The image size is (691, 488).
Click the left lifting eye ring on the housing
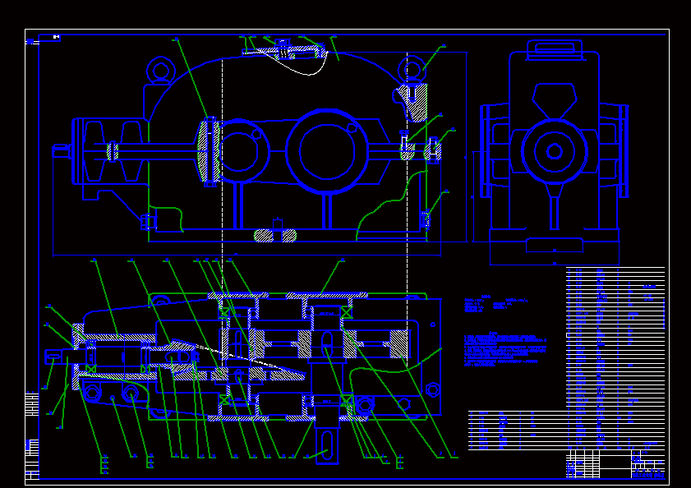161,70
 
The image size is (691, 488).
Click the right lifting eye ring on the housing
411,69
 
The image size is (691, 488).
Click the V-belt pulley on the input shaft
110,151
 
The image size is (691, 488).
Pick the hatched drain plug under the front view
275,234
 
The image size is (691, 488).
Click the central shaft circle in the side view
555,151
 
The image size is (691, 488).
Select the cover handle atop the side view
554,47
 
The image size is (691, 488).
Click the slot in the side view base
554,244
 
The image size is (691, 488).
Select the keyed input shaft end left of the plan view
56,356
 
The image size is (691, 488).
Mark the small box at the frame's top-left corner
55,37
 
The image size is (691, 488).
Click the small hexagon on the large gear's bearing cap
352,128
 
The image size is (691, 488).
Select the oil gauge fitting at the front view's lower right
425,219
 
